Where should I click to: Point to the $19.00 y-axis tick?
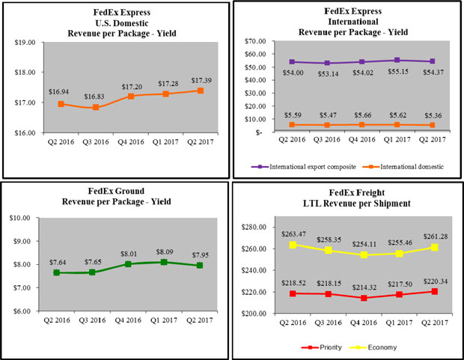[x=25, y=43]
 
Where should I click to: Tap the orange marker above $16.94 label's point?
[x=61, y=103]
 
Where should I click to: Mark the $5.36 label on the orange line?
[x=427, y=115]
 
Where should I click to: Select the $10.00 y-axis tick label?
[x=25, y=218]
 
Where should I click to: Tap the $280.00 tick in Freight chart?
[x=256, y=227]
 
